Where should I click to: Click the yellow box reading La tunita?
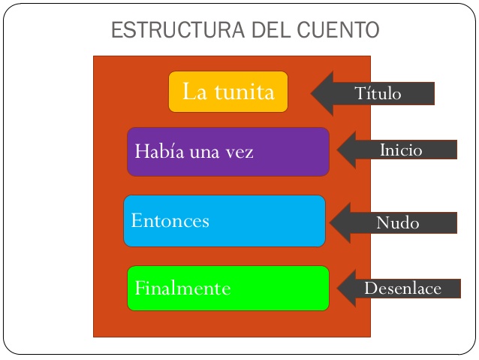pos(228,92)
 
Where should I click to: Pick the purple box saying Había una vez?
pos(228,152)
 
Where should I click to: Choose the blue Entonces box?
pos(224,221)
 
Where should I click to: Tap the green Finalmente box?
pos(228,288)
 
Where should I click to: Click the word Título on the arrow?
pos(378,94)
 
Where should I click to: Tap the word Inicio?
pos(401,150)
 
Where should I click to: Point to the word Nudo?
pos(397,223)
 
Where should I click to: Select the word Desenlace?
pos(402,289)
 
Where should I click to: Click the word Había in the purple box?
pos(153,151)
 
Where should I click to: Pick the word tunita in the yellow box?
pos(243,92)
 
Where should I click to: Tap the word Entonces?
pos(170,221)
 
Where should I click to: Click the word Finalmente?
pos(182,289)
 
